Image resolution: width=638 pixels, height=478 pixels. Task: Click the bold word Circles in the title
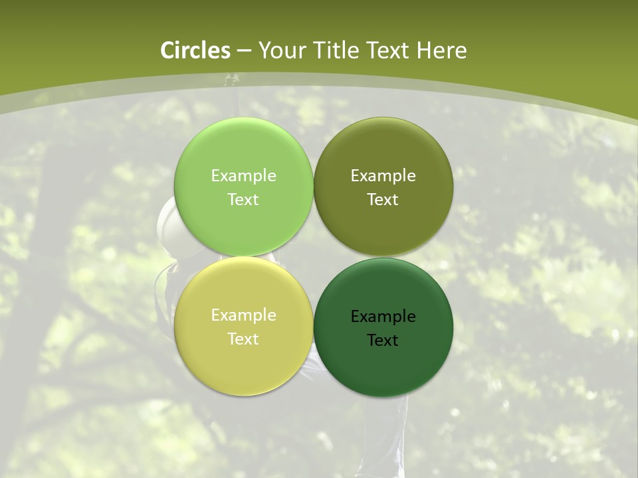coord(195,50)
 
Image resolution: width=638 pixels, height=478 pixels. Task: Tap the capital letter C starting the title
coord(168,50)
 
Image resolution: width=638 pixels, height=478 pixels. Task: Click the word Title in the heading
coord(336,50)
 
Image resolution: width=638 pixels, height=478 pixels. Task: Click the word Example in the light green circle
coord(243,176)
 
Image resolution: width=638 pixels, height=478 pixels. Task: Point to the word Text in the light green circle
coord(243,200)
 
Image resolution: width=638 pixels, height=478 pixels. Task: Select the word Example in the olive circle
coord(383,176)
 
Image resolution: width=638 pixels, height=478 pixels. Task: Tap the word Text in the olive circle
coord(383,200)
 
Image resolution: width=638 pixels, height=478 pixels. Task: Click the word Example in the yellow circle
coord(243,315)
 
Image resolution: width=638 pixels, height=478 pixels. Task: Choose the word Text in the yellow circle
coord(243,339)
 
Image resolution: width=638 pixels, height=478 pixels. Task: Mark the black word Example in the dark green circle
coord(383,317)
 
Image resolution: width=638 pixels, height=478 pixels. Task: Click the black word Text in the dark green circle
coord(383,341)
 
